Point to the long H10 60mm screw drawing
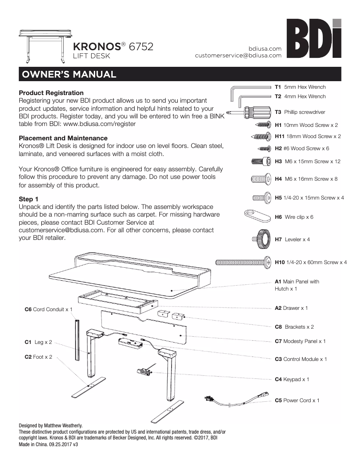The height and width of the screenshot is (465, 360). (x=242, y=262)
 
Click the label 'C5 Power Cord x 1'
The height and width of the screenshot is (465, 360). (x=297, y=400)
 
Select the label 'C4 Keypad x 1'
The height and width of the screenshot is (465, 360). (x=292, y=379)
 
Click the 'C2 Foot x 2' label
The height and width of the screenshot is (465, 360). (x=38, y=357)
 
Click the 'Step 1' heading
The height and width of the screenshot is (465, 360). (x=28, y=199)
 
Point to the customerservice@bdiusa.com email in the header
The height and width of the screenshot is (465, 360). (x=238, y=56)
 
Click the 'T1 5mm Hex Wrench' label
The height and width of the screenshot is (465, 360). (x=300, y=87)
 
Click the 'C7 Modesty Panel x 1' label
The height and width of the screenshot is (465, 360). (x=300, y=341)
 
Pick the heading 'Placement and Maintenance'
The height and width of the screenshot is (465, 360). (x=63, y=138)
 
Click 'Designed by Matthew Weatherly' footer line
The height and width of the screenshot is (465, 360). (x=50, y=425)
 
